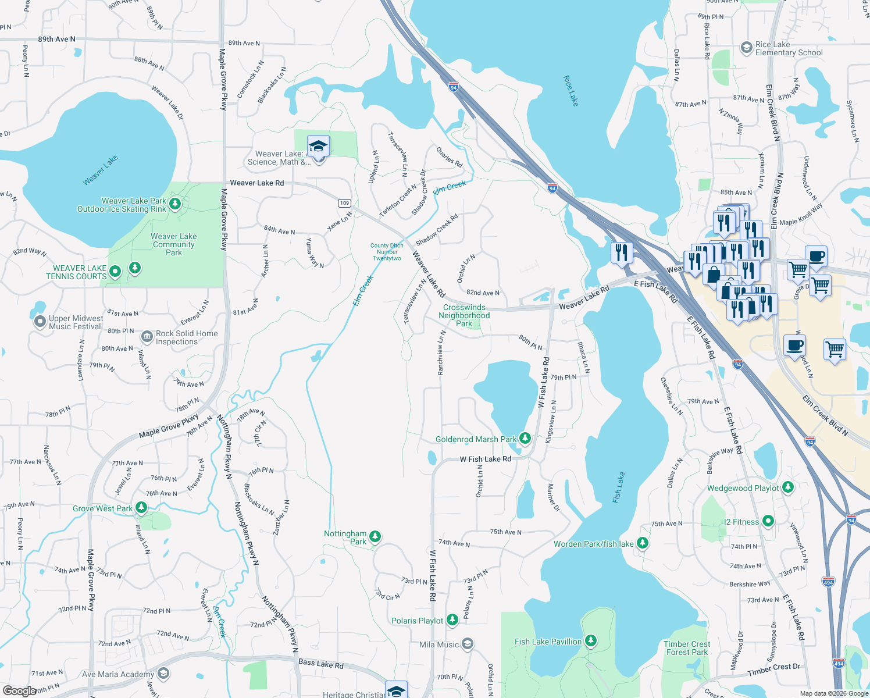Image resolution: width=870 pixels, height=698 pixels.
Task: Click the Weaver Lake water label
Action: click(100, 170)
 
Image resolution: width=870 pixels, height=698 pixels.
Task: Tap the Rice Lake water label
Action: click(571, 91)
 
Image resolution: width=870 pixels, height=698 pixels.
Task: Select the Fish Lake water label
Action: click(619, 487)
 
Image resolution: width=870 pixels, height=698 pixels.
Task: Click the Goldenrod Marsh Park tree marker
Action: click(525, 438)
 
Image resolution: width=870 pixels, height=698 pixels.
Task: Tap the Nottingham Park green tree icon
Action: click(375, 536)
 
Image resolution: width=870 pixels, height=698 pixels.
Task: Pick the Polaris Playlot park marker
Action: click(452, 620)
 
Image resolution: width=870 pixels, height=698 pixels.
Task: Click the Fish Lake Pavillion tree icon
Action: click(591, 640)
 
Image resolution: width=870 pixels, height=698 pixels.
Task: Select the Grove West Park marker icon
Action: click(141, 508)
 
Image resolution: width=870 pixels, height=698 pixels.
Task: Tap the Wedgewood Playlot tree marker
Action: click(788, 487)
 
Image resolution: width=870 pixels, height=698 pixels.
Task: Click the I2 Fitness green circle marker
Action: click(768, 521)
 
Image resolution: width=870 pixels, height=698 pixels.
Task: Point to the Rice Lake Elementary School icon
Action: click(747, 48)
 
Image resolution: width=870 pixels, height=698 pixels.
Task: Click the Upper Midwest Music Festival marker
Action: click(40, 321)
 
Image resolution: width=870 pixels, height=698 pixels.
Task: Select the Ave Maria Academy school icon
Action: click(163, 674)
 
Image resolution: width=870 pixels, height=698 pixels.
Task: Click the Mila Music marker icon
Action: click(468, 644)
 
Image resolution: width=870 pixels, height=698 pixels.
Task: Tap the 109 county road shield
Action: click(345, 203)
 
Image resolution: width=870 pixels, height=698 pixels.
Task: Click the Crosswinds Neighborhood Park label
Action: click(464, 315)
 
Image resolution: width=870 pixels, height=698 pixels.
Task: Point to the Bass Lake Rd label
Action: click(321, 663)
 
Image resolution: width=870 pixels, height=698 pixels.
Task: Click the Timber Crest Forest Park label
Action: click(687, 648)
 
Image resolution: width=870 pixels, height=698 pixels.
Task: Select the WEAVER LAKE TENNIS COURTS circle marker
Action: click(115, 270)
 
